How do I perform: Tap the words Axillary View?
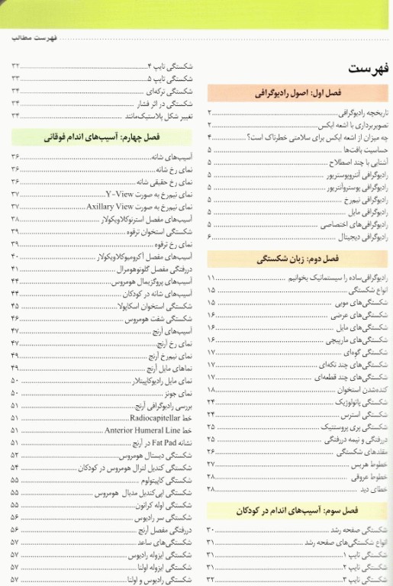coord(111,206)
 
